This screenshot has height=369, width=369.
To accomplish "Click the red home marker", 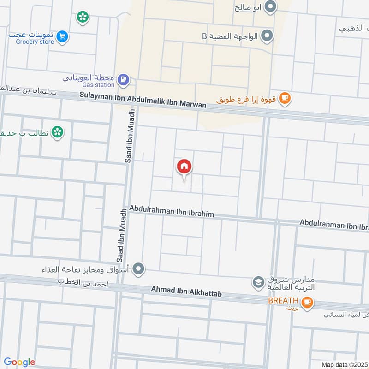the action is pos(184,167).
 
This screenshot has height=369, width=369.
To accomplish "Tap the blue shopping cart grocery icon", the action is pos(63,36).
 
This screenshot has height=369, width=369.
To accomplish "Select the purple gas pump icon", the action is pos(123,79).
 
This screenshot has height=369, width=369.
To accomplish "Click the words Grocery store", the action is pos(31,42).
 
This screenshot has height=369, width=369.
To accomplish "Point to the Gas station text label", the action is pos(98,85).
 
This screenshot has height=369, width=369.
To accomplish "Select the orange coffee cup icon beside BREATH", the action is pos(307,303).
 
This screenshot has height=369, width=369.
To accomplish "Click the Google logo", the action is pos(19,362).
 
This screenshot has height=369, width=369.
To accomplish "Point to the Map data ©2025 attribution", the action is pos(345,365).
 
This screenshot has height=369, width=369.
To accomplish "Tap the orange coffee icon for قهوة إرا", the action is pos(285,97).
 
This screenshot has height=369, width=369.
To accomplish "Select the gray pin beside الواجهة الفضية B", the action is pos(267,35).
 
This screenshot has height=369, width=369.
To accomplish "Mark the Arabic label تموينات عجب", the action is pos(31,35).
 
